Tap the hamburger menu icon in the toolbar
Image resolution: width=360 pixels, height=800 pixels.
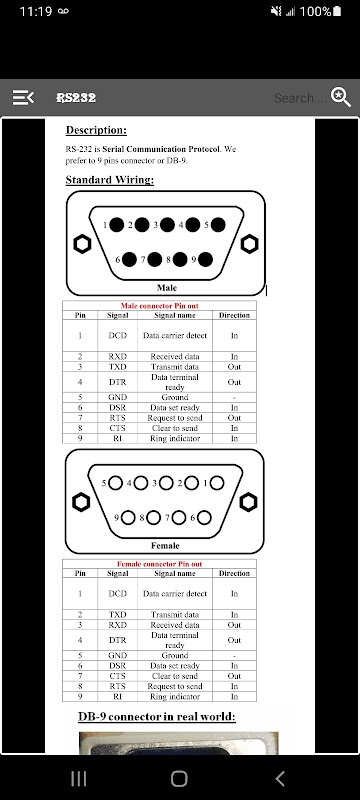23,97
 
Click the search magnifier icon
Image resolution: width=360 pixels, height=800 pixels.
341,97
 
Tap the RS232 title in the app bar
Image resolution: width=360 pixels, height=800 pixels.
76,97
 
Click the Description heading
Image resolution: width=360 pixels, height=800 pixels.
96,130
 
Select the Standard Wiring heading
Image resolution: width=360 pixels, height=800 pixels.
110,180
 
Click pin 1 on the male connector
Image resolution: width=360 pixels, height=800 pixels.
117,224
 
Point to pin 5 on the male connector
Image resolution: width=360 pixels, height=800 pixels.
218,224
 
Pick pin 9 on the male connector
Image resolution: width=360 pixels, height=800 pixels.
205,259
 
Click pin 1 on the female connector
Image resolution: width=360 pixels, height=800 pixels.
217,483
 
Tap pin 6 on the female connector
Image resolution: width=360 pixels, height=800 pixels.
204,518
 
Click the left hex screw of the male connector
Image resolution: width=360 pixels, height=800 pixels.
82,244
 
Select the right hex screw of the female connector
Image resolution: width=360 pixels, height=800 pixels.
248,502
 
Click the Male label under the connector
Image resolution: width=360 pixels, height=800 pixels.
167,288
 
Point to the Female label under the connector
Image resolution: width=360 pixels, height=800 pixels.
165,545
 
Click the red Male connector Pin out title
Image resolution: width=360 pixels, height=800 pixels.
160,306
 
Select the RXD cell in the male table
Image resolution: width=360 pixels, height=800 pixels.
118,356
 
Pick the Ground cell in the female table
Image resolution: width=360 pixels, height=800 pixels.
175,655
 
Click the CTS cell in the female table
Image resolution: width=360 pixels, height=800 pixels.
118,676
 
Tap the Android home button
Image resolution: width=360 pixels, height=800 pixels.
179,779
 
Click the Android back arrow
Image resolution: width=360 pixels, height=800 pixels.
280,779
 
